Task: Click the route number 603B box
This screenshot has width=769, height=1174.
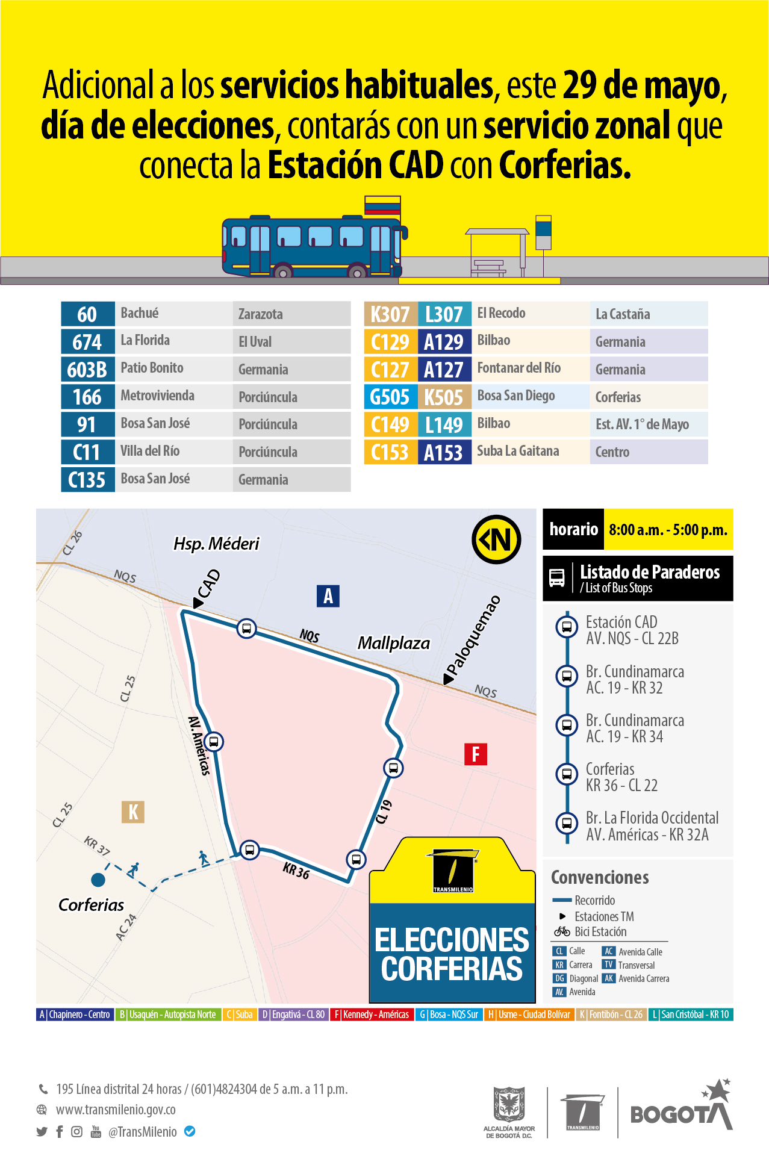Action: point(87,369)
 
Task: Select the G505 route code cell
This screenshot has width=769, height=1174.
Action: point(390,397)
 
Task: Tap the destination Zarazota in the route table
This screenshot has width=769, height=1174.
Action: point(261,314)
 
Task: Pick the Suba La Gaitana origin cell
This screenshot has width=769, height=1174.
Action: point(518,451)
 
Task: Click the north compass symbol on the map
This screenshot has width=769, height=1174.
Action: point(496,539)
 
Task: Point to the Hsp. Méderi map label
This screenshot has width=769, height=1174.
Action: point(216,544)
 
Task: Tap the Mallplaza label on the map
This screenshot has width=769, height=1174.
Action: point(394,643)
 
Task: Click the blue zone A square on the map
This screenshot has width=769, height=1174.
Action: point(328,596)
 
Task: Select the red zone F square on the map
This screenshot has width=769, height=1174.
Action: point(476,754)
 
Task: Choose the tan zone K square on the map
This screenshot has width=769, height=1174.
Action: point(133,812)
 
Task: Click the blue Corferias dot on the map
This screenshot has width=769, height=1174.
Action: point(98,880)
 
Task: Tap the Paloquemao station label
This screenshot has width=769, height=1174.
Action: point(474,636)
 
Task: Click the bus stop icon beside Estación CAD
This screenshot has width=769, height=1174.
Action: point(567,627)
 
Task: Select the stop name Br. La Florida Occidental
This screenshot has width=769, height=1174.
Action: point(652,818)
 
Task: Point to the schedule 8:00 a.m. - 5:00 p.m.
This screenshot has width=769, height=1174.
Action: point(668,530)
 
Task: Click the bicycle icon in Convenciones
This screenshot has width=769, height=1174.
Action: point(562,931)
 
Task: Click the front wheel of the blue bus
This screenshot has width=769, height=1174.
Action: point(357,273)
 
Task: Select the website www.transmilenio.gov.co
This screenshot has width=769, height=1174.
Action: point(116,1110)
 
